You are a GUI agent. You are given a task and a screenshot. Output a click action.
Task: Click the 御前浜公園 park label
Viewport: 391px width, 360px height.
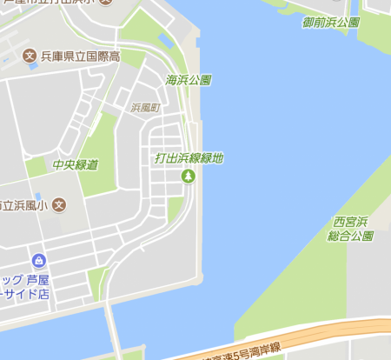click(330, 22)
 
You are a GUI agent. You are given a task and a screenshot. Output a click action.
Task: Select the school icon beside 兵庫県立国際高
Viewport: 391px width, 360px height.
click(30, 57)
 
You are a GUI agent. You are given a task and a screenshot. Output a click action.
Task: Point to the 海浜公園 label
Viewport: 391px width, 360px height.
click(188, 80)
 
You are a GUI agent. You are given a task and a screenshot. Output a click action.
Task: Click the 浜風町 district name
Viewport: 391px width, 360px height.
click(145, 109)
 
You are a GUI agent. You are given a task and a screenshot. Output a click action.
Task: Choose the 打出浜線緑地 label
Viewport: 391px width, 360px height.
click(189, 158)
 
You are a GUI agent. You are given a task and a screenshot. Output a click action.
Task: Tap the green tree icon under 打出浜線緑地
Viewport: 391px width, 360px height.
click(188, 177)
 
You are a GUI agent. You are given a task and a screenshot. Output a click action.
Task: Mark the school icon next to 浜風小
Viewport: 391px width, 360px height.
click(59, 206)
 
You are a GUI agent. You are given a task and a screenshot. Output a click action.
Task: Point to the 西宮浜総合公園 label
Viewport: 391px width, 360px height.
click(350, 229)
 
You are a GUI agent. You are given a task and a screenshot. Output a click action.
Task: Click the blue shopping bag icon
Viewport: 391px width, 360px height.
click(38, 261)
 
